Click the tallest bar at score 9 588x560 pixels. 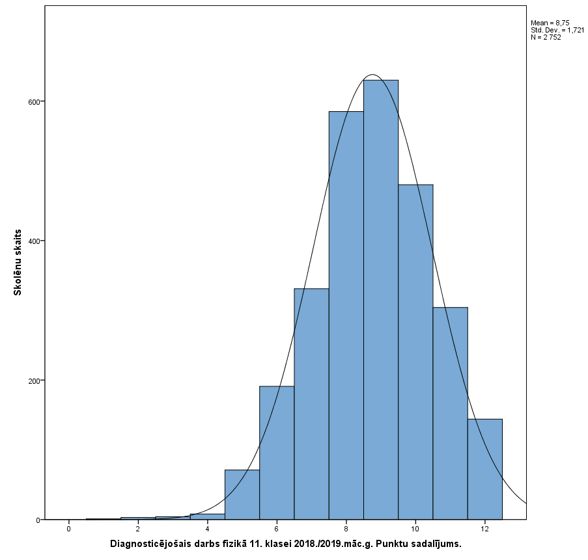click(x=381, y=299)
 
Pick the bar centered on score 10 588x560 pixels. click(x=415, y=352)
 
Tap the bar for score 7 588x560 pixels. click(x=311, y=404)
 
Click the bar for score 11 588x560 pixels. click(x=450, y=413)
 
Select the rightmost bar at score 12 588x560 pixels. click(x=485, y=469)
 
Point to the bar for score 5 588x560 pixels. click(x=242, y=494)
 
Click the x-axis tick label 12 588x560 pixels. click(x=485, y=529)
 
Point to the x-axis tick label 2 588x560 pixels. click(x=138, y=529)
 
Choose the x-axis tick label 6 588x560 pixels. click(x=277, y=529)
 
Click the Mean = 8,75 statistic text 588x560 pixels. click(x=550, y=23)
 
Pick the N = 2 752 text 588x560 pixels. click(x=546, y=37)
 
